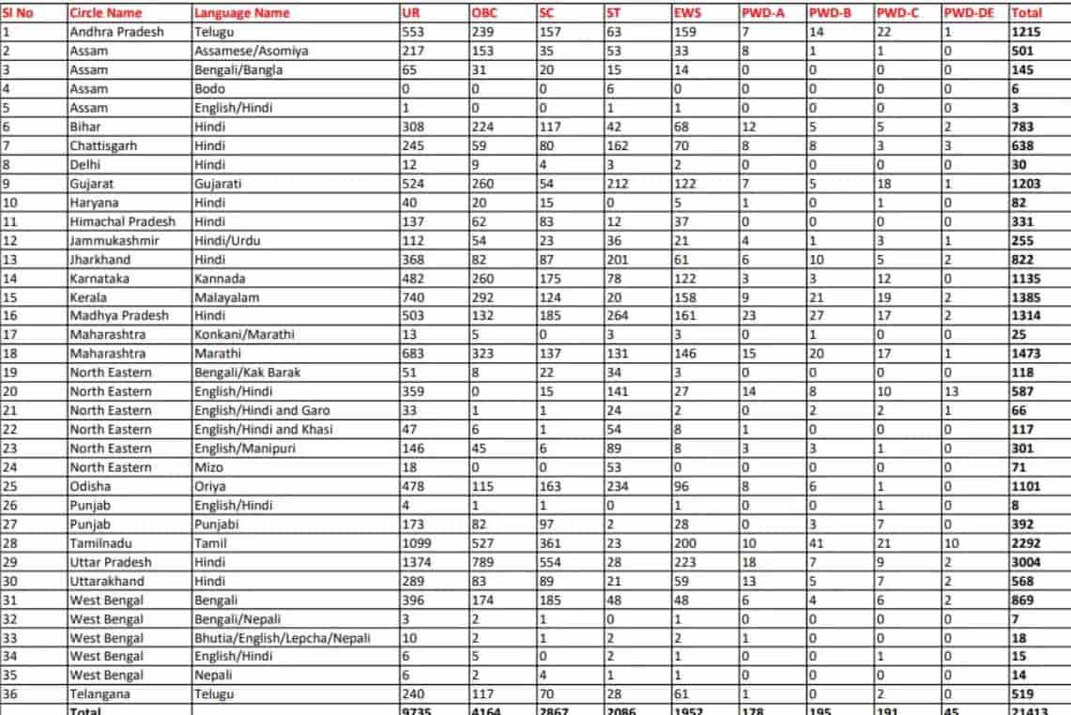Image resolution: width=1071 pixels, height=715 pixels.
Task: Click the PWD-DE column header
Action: (x=969, y=13)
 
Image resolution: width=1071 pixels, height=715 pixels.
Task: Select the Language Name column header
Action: (x=241, y=13)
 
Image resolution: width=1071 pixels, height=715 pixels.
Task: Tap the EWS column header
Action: (x=688, y=13)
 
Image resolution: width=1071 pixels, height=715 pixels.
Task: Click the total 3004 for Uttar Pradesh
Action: (x=1026, y=562)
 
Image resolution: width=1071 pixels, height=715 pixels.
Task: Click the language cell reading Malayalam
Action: (x=226, y=297)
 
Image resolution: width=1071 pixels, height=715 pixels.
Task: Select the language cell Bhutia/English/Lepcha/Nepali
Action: (x=283, y=637)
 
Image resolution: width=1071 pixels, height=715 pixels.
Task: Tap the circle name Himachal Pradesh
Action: (x=122, y=221)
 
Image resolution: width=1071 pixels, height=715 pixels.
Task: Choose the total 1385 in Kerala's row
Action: (x=1026, y=297)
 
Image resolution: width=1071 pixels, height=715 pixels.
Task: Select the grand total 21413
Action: (x=1030, y=711)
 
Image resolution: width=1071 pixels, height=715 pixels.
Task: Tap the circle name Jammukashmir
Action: (x=112, y=240)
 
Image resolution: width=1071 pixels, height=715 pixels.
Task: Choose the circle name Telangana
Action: (x=100, y=694)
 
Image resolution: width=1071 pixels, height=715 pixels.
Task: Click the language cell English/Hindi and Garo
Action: (x=262, y=411)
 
